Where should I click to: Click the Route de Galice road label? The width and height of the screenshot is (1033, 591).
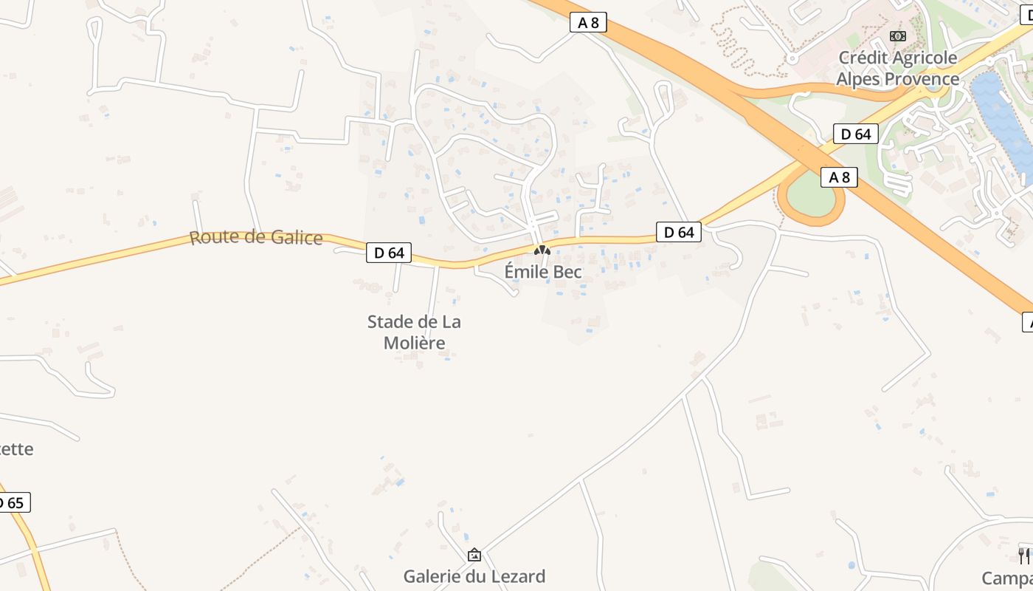pos(256,238)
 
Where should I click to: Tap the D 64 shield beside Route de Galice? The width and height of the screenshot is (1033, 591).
pos(389,253)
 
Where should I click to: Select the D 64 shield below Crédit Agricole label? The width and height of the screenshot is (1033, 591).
pos(856,134)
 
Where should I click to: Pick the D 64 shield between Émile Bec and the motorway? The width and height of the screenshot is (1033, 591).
pos(679,232)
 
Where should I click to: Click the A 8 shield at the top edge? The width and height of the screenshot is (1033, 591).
pos(588,23)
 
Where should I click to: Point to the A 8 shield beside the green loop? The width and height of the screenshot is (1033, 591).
pos(840,177)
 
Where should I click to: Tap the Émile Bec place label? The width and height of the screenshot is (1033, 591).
pos(543,272)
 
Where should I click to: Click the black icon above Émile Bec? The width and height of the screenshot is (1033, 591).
pos(543,250)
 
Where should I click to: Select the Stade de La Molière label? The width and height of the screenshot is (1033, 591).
pos(414,332)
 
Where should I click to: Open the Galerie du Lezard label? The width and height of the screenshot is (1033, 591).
pos(474,576)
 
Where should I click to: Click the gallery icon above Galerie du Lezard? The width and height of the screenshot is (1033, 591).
pos(474,555)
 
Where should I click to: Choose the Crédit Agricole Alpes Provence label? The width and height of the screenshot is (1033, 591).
pos(897,68)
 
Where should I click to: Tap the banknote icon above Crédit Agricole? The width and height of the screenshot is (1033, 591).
pos(897,36)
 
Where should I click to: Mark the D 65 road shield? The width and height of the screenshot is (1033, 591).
pos(13,503)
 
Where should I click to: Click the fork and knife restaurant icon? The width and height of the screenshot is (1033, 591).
pos(1023,555)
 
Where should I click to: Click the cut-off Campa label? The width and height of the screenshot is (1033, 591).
pos(1008,577)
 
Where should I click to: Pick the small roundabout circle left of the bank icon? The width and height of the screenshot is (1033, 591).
pos(792,57)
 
